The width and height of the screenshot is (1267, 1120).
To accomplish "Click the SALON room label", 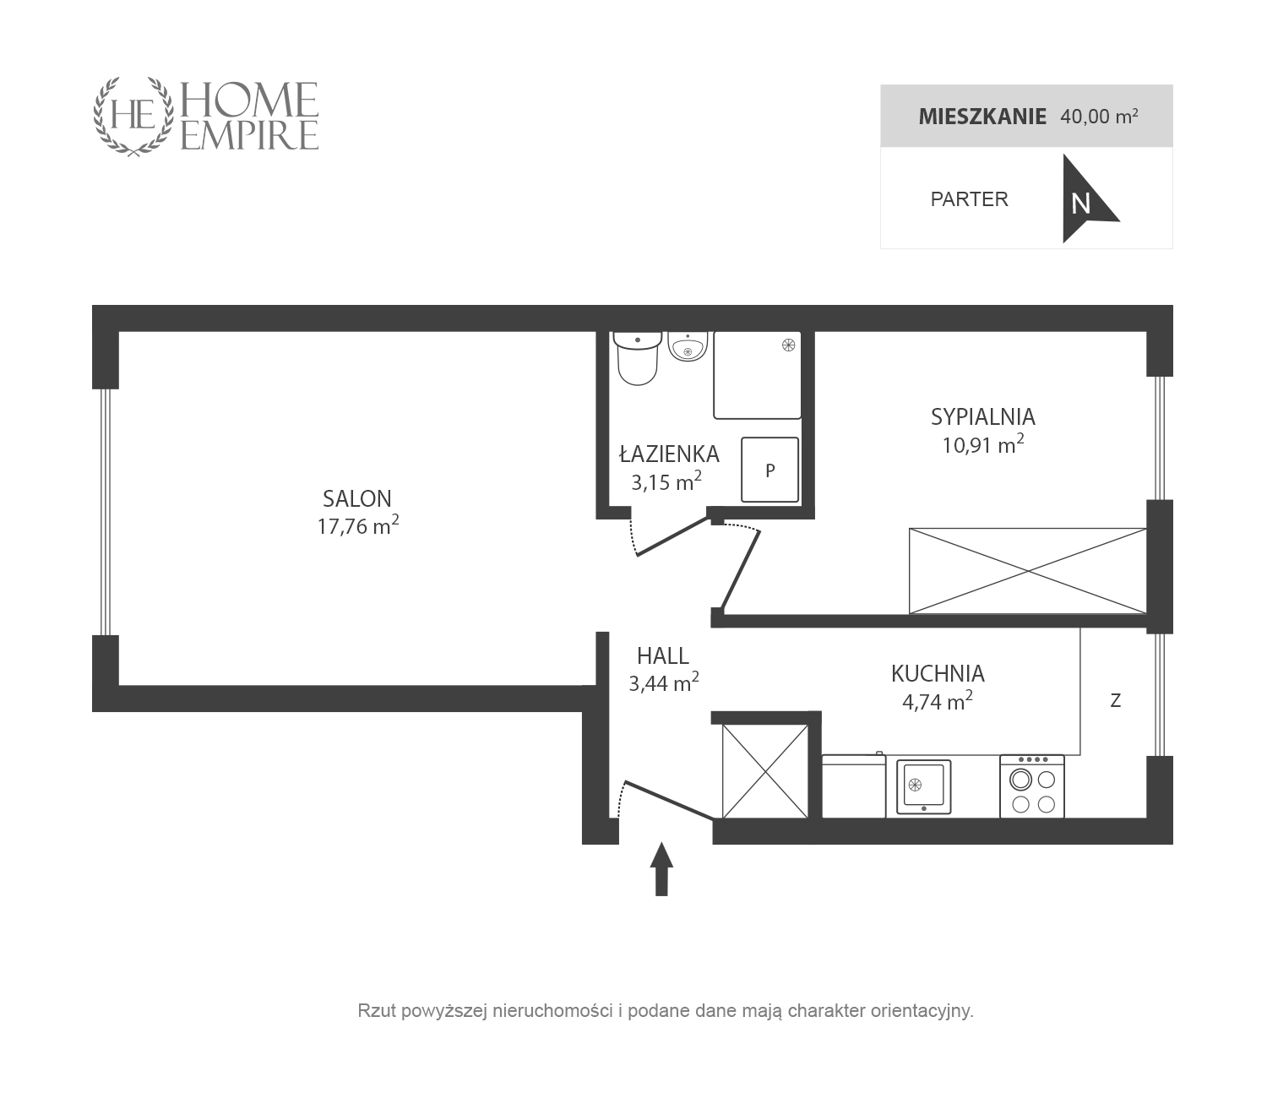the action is coord(357,498).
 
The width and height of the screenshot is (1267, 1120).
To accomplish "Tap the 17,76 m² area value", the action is coord(357,525).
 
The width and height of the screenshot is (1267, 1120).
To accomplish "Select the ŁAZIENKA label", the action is coord(669,454).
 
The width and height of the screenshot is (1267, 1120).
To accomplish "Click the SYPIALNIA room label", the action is coord(983,416).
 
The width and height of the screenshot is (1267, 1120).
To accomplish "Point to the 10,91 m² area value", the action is coord(983,444).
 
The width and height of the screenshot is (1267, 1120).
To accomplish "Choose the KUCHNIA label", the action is coord(938,673).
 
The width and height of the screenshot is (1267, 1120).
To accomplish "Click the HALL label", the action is coord(663,655).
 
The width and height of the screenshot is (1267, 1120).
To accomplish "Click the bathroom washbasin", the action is coord(688,346).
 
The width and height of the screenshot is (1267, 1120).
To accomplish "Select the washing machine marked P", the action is coord(769,470).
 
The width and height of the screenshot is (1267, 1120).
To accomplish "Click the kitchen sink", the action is coord(924,786).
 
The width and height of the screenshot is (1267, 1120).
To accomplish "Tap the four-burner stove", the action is coord(1032,786).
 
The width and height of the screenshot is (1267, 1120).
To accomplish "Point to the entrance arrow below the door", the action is coord(661,869).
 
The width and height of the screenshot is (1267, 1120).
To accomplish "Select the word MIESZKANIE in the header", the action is coord(982,117).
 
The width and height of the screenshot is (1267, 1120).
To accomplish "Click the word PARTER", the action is coord(970,199).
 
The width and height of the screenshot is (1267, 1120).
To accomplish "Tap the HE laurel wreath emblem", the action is coord(133,117).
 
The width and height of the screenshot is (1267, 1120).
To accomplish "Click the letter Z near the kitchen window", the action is coord(1115,701).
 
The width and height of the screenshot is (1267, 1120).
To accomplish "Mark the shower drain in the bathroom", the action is coord(789,345).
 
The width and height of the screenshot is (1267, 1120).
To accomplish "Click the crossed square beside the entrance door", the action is coord(764,771).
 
